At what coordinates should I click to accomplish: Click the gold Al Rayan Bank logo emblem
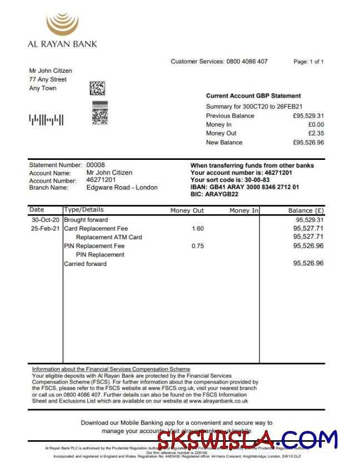pyautogui.click(x=62, y=24)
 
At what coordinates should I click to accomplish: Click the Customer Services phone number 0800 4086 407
pyautogui.click(x=247, y=62)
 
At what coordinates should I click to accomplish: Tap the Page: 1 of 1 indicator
pyautogui.click(x=308, y=62)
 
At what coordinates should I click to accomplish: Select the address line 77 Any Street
pyautogui.click(x=48, y=79)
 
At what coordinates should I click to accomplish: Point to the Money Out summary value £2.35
pyautogui.click(x=316, y=133)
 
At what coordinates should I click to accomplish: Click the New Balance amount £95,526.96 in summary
pyautogui.click(x=308, y=142)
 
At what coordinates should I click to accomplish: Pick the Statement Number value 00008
pyautogui.click(x=96, y=165)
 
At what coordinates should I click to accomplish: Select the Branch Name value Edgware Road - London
pyautogui.click(x=122, y=188)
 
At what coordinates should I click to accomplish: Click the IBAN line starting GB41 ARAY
pyautogui.click(x=244, y=188)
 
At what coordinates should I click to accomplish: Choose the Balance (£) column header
pyautogui.click(x=306, y=211)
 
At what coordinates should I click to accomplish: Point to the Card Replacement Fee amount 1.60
pyautogui.click(x=198, y=229)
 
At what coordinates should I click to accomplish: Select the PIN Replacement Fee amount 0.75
pyautogui.click(x=198, y=246)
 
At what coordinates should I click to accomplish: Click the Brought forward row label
pyautogui.click(x=86, y=220)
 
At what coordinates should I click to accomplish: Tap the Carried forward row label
pyautogui.click(x=85, y=264)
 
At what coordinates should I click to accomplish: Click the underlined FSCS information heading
pyautogui.click(x=111, y=369)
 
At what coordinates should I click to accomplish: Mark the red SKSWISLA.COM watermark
pyautogui.click(x=247, y=440)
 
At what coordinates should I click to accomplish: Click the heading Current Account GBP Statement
pyautogui.click(x=253, y=96)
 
